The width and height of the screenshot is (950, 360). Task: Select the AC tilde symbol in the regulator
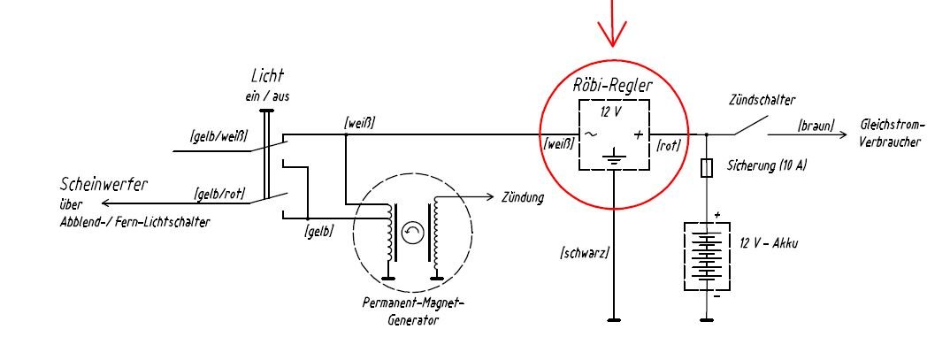point(588,134)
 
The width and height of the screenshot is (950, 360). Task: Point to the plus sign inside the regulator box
point(640,134)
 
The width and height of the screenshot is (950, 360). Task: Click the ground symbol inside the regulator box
point(614,159)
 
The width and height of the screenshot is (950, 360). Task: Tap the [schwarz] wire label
point(585,255)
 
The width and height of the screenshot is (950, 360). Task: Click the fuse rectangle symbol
point(706,166)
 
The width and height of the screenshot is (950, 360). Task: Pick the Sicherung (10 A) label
point(767,165)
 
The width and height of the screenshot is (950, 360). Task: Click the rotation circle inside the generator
point(412,233)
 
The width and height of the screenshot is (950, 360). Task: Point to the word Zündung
point(523,197)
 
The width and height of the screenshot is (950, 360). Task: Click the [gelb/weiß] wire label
point(218,136)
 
